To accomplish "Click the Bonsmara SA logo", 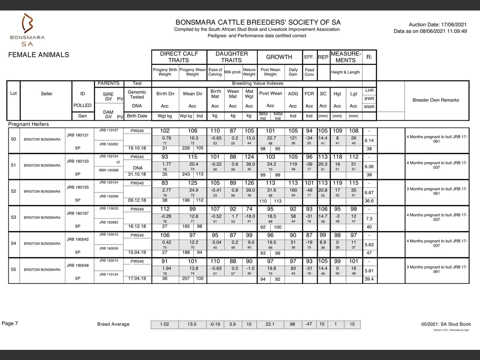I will point(27,30).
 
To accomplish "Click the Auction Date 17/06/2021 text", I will point(438,24).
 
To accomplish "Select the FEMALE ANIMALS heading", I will point(39,55).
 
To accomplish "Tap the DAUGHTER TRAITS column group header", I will point(231,57).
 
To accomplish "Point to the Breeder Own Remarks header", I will point(435,100).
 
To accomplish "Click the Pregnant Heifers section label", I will point(28,124).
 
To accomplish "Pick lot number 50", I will point(13,139).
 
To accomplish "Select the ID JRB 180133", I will point(78,161).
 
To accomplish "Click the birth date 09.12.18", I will point(137,200).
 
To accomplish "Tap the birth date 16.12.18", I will point(137,226).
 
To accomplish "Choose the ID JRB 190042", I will point(78,239).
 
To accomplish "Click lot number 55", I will point(13,269).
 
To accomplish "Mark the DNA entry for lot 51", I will point(138,168).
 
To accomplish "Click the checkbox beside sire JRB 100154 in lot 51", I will point(118,162).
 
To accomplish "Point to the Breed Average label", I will point(113,324).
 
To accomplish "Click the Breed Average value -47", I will point(309,324).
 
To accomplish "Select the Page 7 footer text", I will point(10,323).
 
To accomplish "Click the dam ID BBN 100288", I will point(109,170).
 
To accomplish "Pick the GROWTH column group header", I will point(279,57).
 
